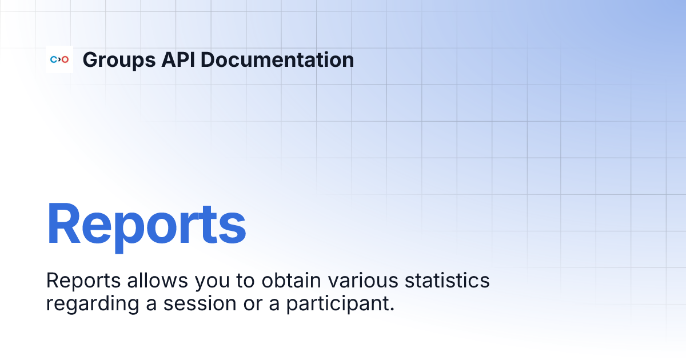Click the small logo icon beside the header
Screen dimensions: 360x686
[x=59, y=59]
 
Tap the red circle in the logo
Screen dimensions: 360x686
[x=65, y=59]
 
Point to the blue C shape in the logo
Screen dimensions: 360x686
[x=54, y=59]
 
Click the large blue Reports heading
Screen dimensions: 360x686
[x=146, y=224]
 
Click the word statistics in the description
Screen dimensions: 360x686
[x=448, y=281]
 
